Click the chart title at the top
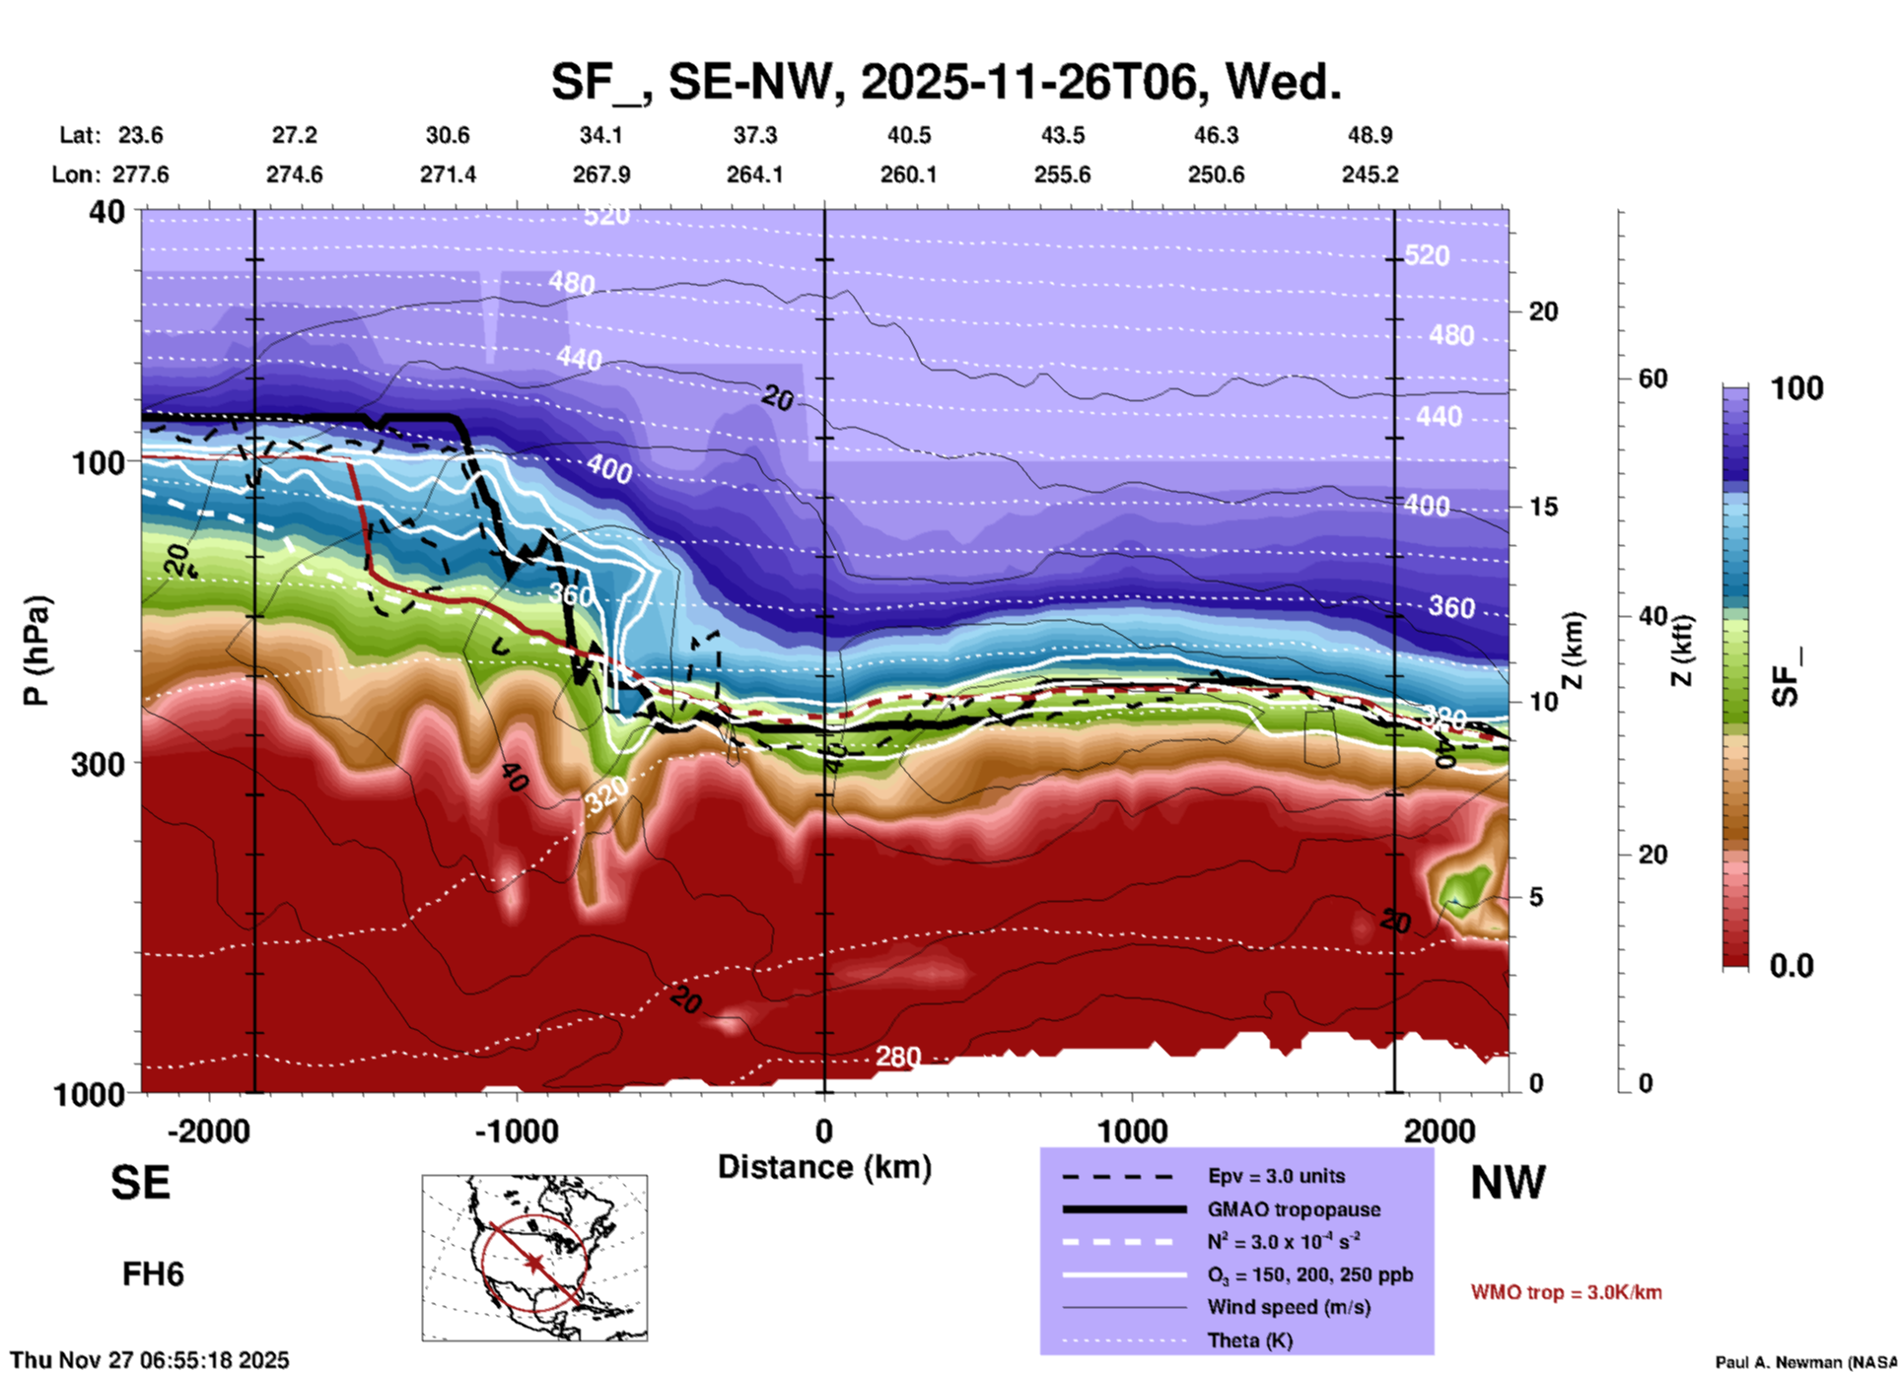coord(946,82)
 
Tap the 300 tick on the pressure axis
coord(98,764)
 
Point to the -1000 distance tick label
coord(516,1131)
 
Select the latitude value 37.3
coord(754,135)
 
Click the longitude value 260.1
coord(908,174)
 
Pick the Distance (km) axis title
coord(824,1167)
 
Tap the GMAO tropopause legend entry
coord(1293,1209)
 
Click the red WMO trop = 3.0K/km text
coord(1566,1292)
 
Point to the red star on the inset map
coord(534,1263)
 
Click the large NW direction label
coord(1508,1183)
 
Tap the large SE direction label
coord(140,1183)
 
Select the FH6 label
coord(153,1274)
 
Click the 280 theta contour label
coord(897,1058)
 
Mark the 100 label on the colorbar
coord(1796,388)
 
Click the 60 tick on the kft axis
coord(1653,378)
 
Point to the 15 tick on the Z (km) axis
coord(1543,507)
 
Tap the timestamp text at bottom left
coord(150,1360)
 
